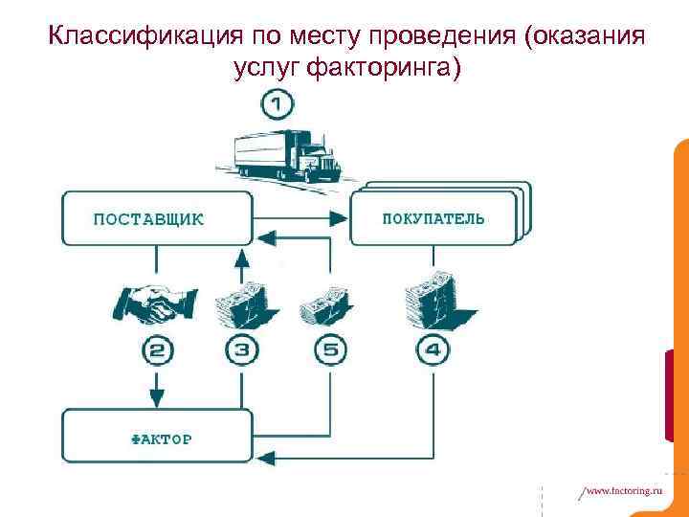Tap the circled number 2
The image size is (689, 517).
158,350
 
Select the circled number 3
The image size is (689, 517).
242,350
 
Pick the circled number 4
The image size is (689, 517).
433,350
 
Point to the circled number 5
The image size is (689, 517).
329,350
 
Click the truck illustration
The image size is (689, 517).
287,153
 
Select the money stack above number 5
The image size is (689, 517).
328,304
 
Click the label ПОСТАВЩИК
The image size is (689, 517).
148,218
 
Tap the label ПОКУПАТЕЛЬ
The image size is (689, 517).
433,218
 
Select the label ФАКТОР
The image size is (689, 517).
161,439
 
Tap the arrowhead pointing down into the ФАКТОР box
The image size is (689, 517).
158,396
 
